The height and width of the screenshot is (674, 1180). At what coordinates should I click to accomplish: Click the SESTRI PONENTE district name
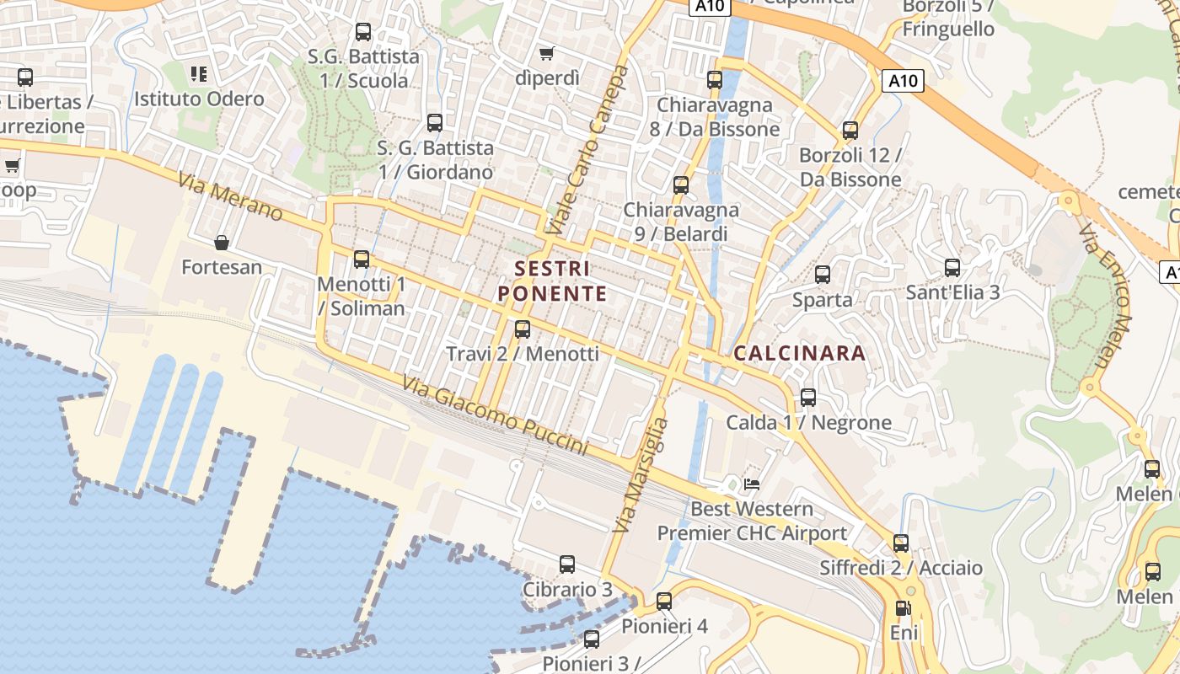(x=552, y=281)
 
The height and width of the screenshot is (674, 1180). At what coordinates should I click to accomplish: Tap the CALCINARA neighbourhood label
(x=800, y=353)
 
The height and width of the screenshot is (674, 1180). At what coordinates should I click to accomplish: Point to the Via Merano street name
(x=230, y=196)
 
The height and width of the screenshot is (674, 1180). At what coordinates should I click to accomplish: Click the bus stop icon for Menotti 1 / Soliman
(x=362, y=259)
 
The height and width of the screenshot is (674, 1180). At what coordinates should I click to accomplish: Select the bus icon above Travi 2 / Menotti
(x=523, y=329)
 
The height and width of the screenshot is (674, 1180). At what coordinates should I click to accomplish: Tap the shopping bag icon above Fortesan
(x=222, y=243)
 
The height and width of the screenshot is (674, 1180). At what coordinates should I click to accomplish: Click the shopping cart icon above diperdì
(x=547, y=53)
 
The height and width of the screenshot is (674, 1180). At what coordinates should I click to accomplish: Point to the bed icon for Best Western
(x=752, y=484)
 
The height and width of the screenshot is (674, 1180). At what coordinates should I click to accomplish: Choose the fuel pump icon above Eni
(x=903, y=607)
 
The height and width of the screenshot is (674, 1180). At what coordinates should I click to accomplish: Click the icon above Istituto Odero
(x=199, y=74)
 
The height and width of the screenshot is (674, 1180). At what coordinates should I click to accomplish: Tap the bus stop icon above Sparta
(x=823, y=275)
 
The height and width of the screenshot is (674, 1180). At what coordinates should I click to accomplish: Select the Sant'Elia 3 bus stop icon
(x=952, y=268)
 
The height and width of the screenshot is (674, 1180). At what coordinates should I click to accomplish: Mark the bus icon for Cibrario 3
(x=567, y=564)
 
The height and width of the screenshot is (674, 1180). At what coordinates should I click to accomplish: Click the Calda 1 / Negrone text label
(x=808, y=422)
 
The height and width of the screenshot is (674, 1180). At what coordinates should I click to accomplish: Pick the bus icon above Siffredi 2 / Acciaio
(x=901, y=543)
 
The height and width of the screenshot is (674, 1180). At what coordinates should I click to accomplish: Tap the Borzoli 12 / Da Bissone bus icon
(x=850, y=131)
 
